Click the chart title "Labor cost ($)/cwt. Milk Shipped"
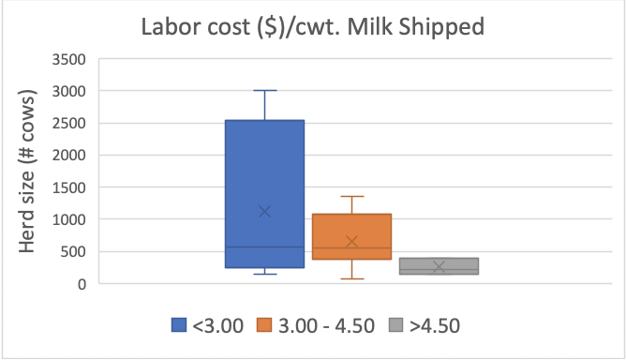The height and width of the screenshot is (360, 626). (x=312, y=26)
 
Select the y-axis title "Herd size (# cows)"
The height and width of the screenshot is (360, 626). (x=31, y=172)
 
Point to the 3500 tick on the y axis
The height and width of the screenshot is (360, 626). (x=67, y=59)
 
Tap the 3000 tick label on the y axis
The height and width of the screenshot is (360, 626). (x=67, y=91)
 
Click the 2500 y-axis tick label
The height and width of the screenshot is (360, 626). (x=67, y=123)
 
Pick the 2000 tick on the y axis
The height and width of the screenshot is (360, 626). (x=67, y=155)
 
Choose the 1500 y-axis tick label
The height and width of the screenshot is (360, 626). (x=67, y=187)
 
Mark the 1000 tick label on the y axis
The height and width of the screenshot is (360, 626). (x=67, y=219)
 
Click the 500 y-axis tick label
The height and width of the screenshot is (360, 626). (x=72, y=251)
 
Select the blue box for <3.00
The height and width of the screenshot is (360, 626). (x=264, y=169)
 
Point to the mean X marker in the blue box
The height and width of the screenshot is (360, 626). (x=264, y=211)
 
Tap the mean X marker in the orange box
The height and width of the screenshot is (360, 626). (x=351, y=242)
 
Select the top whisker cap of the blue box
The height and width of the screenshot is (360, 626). (x=264, y=91)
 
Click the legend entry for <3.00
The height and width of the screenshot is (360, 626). (x=208, y=325)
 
